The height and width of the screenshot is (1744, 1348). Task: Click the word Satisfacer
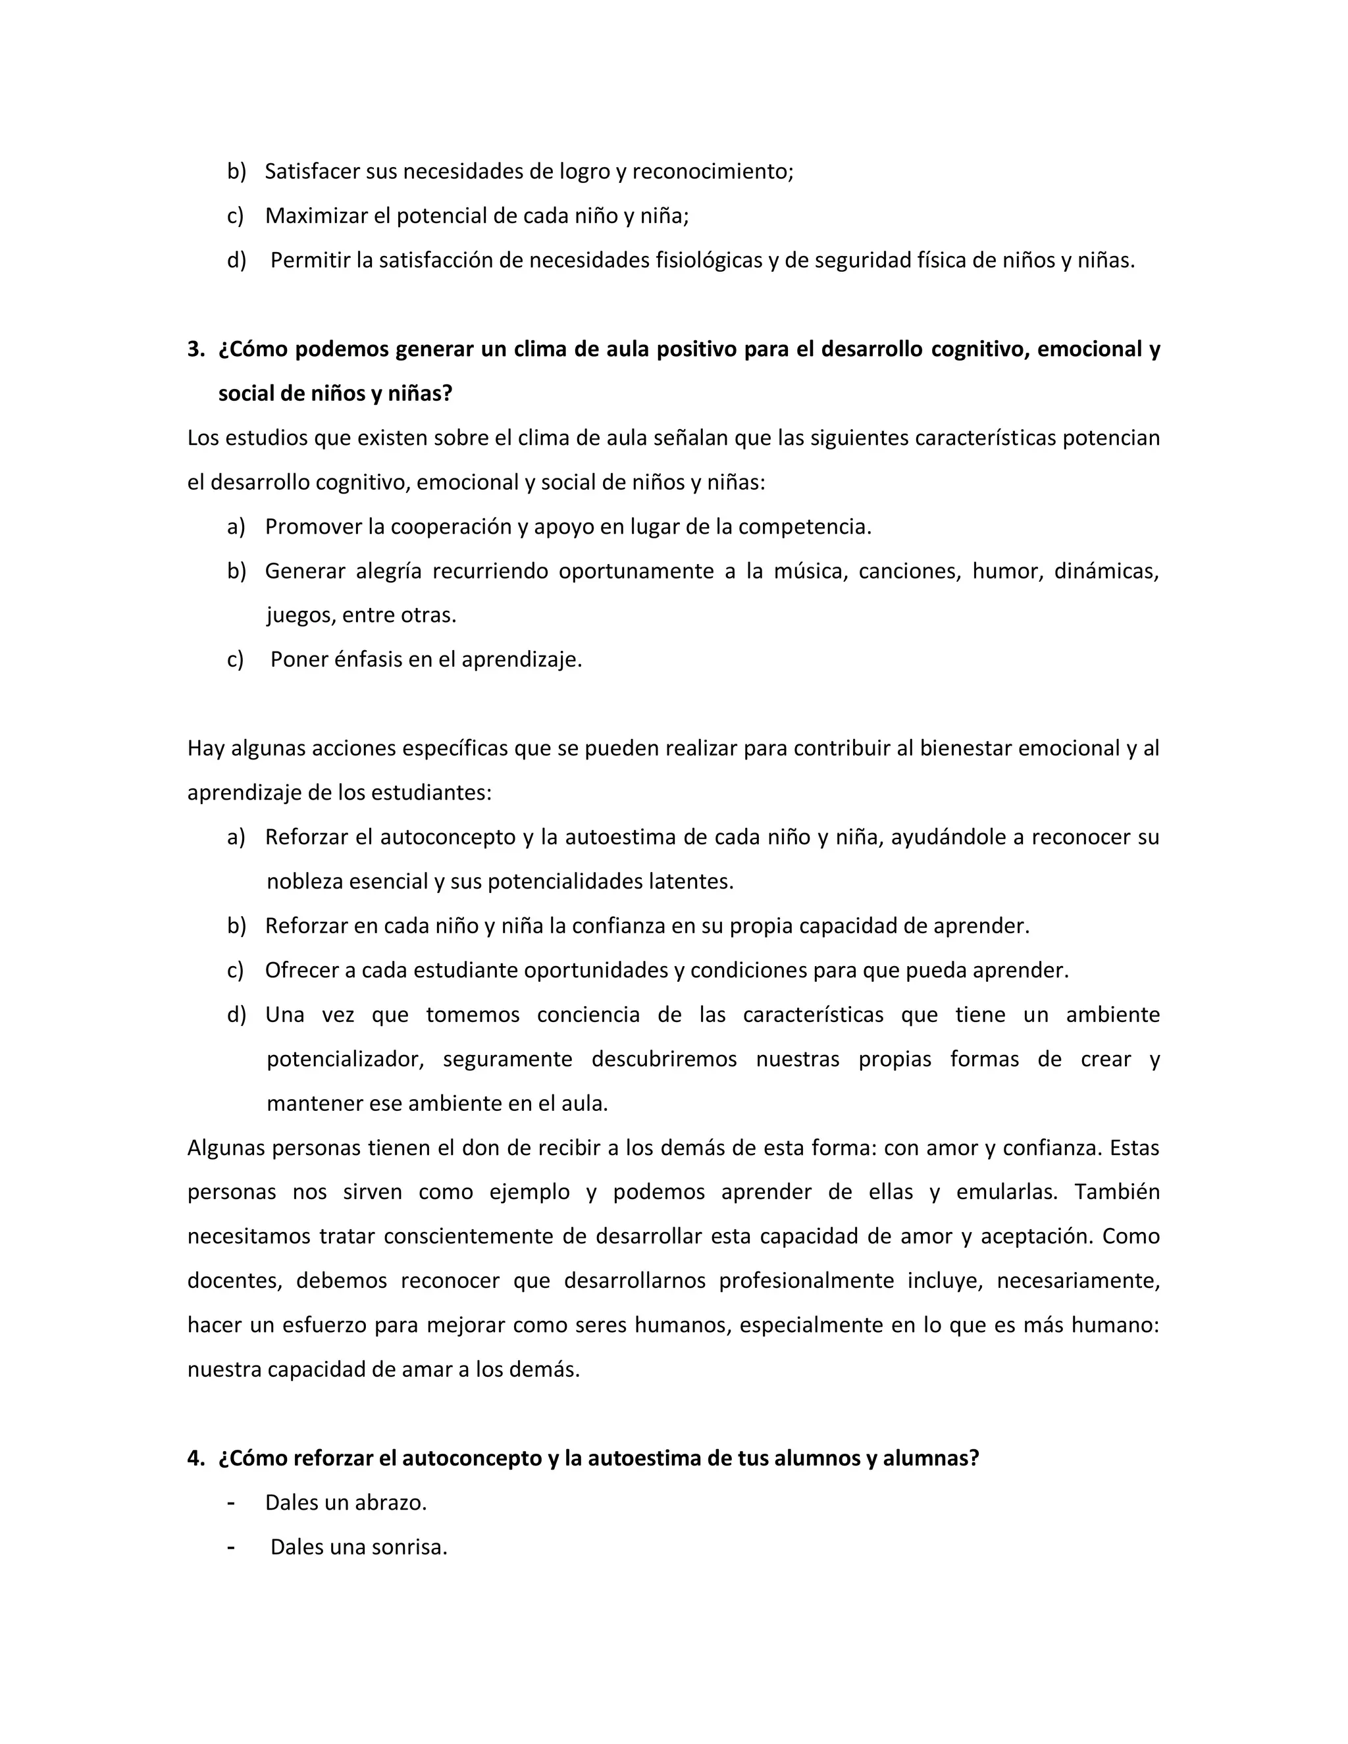[312, 172]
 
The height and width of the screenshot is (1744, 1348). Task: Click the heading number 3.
[195, 349]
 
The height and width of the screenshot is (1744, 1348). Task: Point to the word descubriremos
[664, 1060]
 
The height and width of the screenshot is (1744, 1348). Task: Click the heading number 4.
[195, 1459]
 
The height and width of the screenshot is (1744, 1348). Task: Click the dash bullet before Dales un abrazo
[232, 1503]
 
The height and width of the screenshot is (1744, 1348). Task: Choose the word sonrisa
[411, 1548]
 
